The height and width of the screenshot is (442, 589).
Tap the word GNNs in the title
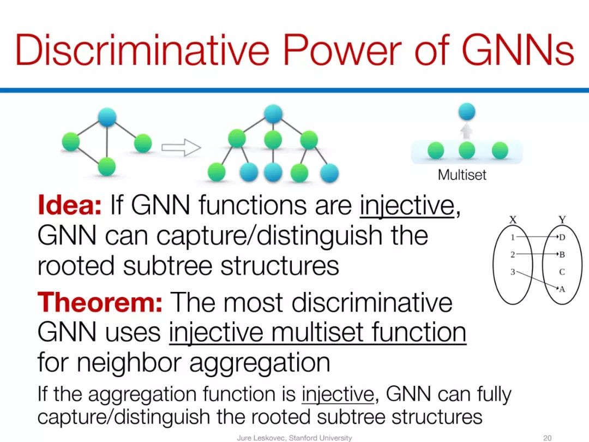tap(518, 50)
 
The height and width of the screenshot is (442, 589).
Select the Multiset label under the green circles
tap(462, 175)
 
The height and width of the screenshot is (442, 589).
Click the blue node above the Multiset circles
tap(466, 112)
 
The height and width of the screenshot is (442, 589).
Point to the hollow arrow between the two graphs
tap(181, 147)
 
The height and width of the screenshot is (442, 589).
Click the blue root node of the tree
tap(273, 114)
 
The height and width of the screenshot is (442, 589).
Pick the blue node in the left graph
tap(107, 117)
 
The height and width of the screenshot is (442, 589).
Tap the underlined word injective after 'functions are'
tap(407, 206)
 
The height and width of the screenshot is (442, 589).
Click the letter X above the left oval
tap(513, 219)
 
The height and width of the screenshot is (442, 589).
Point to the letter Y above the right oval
tap(562, 219)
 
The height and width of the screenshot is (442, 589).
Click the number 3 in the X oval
tap(513, 271)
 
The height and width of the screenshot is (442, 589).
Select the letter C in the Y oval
tap(562, 272)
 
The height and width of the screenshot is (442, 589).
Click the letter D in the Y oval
tap(562, 237)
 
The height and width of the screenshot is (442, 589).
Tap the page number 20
tap(548, 438)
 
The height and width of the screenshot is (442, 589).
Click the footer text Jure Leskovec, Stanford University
tap(294, 438)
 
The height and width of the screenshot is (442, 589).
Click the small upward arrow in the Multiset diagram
tap(466, 130)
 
